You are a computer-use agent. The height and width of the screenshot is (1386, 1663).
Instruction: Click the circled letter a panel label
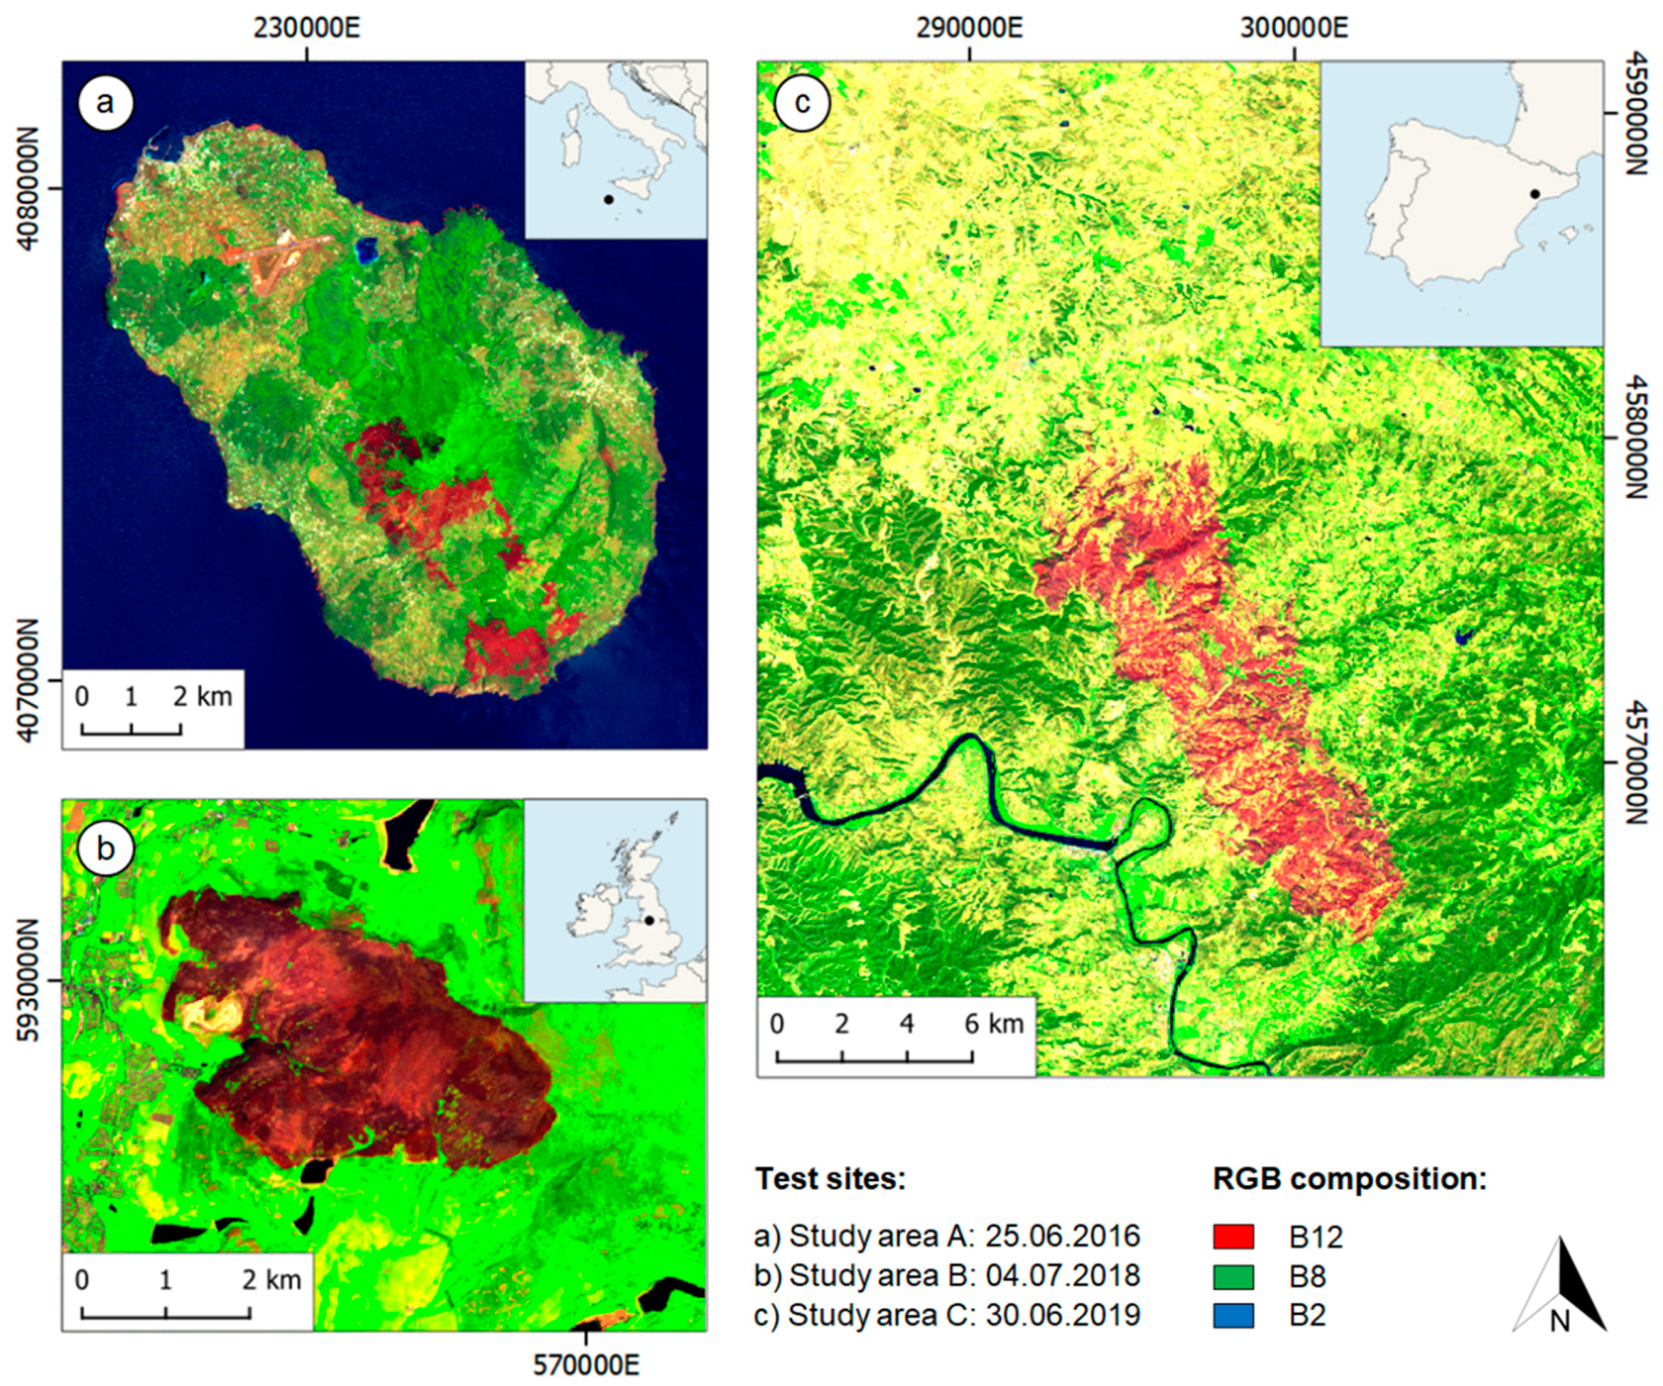[105, 102]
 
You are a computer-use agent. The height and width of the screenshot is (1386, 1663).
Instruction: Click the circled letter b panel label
[105, 848]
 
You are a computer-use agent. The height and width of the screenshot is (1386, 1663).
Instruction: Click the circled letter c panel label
[802, 102]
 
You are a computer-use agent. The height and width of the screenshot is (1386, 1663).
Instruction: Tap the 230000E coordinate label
[307, 28]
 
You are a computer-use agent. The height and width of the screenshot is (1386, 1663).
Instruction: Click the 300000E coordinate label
[1294, 28]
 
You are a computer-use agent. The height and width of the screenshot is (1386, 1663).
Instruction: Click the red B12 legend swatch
[1233, 1236]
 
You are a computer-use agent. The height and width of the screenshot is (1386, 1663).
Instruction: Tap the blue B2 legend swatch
[1233, 1315]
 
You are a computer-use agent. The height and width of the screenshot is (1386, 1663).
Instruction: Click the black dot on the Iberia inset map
[1535, 194]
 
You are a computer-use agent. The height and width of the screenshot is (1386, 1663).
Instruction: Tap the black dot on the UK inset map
[649, 921]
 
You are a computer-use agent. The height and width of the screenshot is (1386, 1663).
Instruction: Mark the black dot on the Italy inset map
[608, 199]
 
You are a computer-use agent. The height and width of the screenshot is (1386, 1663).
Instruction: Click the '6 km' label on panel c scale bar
[993, 1024]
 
